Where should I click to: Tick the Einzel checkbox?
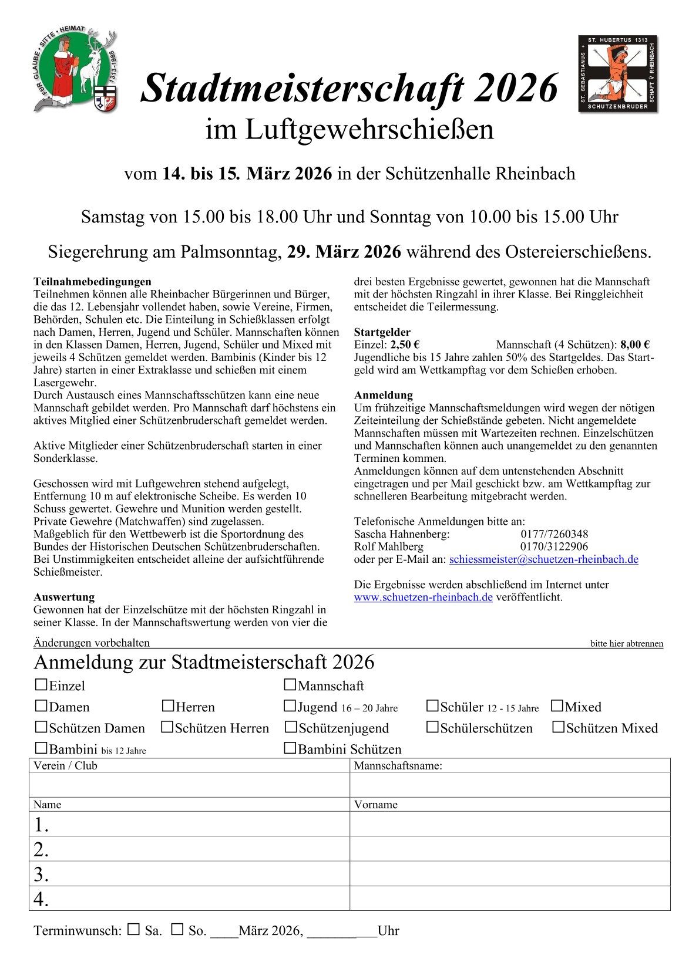41,684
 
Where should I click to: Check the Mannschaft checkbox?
290,684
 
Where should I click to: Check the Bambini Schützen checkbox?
290,748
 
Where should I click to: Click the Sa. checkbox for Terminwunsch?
135,929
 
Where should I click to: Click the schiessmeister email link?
543,559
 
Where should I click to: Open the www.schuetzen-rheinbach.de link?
423,597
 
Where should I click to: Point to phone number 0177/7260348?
554,534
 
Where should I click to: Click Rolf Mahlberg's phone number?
554,546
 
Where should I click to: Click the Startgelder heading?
382,332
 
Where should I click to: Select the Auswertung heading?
64,597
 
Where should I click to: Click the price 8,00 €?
634,345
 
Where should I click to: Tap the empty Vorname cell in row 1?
510,824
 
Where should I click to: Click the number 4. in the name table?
41,899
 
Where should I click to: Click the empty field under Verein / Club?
189,785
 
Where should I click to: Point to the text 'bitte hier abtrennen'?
626,643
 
